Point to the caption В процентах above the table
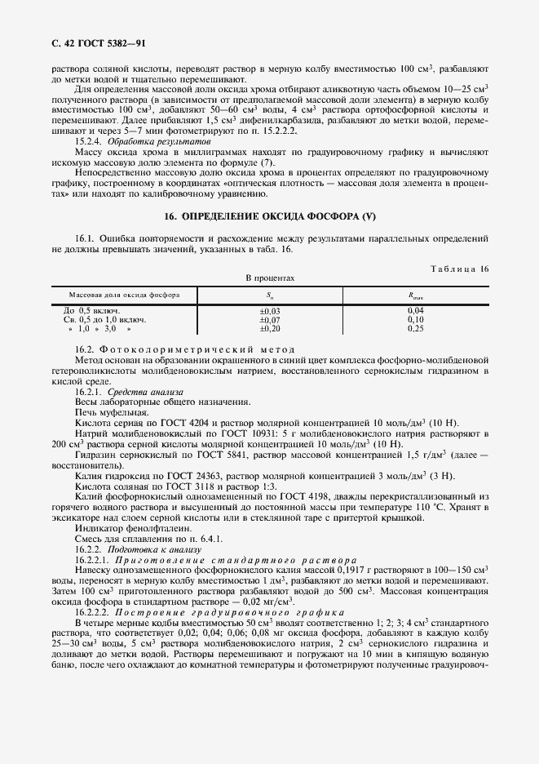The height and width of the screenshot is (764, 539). pos(270,278)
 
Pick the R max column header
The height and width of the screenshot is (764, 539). pos(415,295)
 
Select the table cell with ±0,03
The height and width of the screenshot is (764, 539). pos(269,311)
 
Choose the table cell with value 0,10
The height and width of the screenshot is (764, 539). pos(415,319)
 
